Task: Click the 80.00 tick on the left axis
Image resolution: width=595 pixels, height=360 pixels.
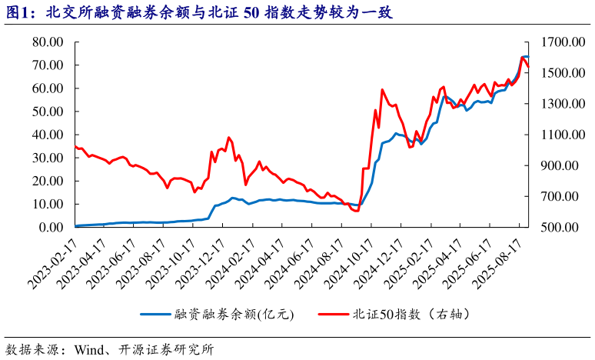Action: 47,42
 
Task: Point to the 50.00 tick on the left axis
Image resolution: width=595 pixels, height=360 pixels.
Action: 47,112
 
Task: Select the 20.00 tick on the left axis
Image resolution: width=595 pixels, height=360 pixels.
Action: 47,181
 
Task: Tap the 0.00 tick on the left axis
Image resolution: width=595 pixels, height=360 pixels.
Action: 50,227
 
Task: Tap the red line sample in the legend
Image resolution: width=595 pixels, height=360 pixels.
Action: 331,314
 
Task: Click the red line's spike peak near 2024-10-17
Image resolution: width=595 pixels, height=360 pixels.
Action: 382,89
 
